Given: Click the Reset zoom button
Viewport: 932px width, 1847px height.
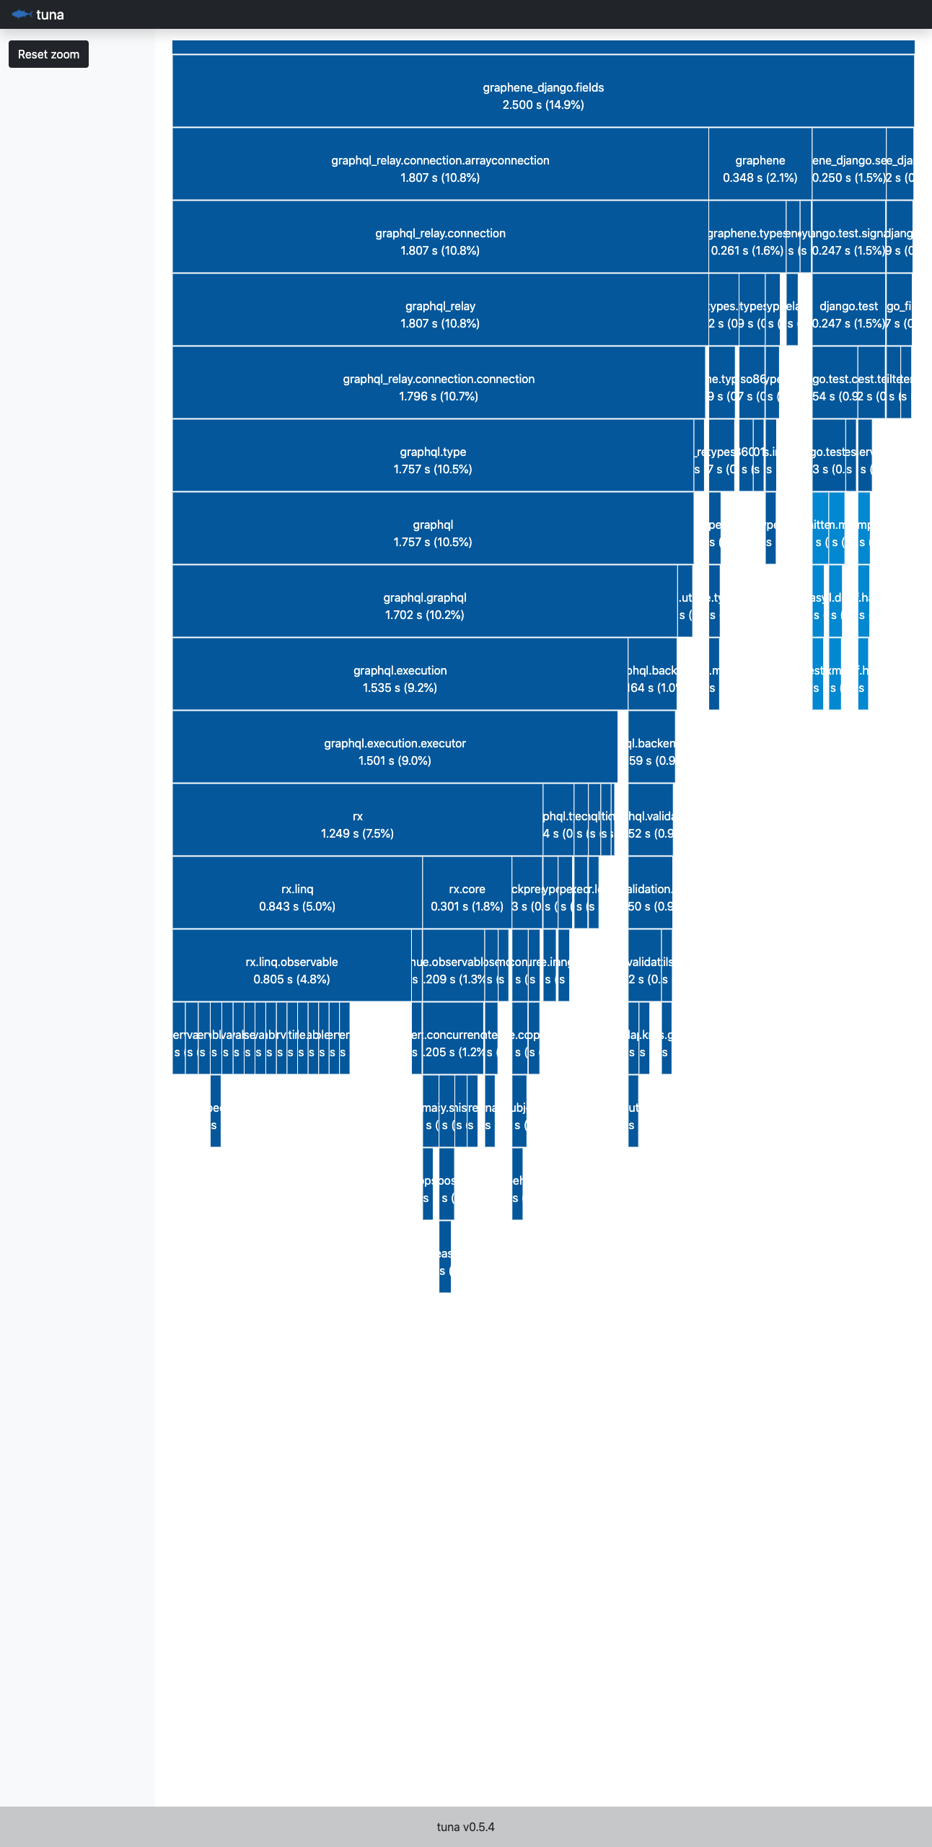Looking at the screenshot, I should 48,54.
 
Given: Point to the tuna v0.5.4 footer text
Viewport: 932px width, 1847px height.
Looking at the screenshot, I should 465,1827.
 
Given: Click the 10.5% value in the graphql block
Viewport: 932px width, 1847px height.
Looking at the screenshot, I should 453,543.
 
